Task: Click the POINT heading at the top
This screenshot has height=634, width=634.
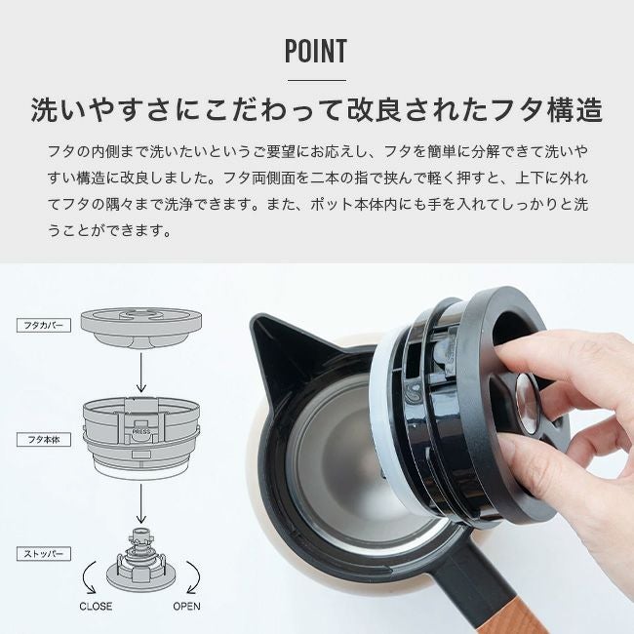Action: click(x=316, y=51)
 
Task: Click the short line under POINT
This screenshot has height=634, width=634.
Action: click(x=317, y=80)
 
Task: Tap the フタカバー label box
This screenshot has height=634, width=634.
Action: click(x=44, y=325)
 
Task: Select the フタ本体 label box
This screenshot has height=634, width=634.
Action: click(x=44, y=440)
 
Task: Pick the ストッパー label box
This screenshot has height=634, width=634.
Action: click(x=44, y=554)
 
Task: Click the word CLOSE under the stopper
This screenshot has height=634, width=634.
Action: click(x=96, y=606)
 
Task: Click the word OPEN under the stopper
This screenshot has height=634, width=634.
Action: click(x=186, y=606)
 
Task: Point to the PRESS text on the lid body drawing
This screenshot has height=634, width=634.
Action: click(x=141, y=431)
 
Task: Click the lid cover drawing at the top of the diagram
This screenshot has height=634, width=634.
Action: click(x=141, y=327)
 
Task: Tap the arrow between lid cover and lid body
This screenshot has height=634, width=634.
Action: click(x=140, y=372)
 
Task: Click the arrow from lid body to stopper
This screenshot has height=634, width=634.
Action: click(x=140, y=503)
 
